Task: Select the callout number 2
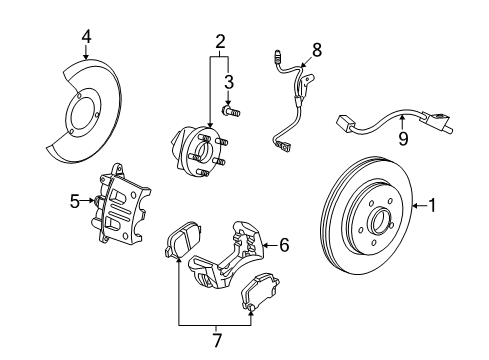click(220, 41)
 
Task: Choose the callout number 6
click(284, 243)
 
